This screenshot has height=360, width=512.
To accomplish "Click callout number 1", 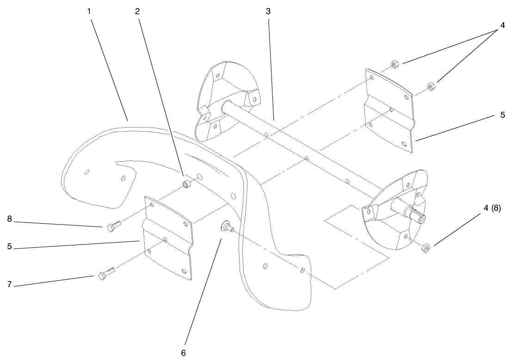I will (x=89, y=11).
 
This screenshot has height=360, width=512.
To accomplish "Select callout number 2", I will (x=137, y=11).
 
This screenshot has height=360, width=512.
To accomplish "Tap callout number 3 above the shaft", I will (x=268, y=11).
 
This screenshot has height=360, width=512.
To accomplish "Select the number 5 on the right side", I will (x=503, y=115).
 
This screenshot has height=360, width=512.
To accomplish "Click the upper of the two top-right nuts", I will (x=395, y=64).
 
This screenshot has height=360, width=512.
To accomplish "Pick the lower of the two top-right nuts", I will (x=429, y=85).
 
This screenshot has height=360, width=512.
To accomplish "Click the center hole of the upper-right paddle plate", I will (x=391, y=110).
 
